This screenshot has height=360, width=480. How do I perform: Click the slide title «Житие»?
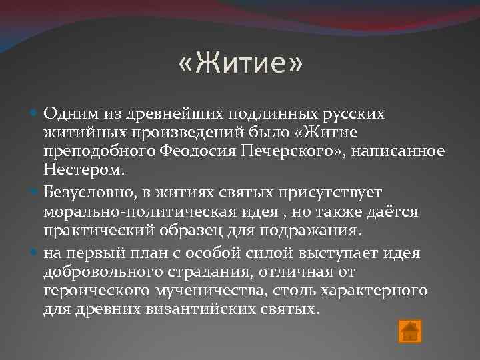(240, 65)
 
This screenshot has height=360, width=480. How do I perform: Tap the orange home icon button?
(409, 331)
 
